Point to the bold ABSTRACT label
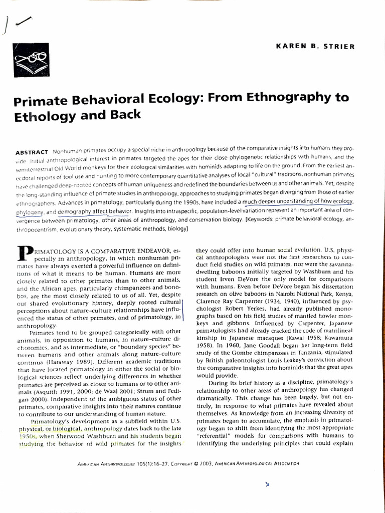point(32,151)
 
